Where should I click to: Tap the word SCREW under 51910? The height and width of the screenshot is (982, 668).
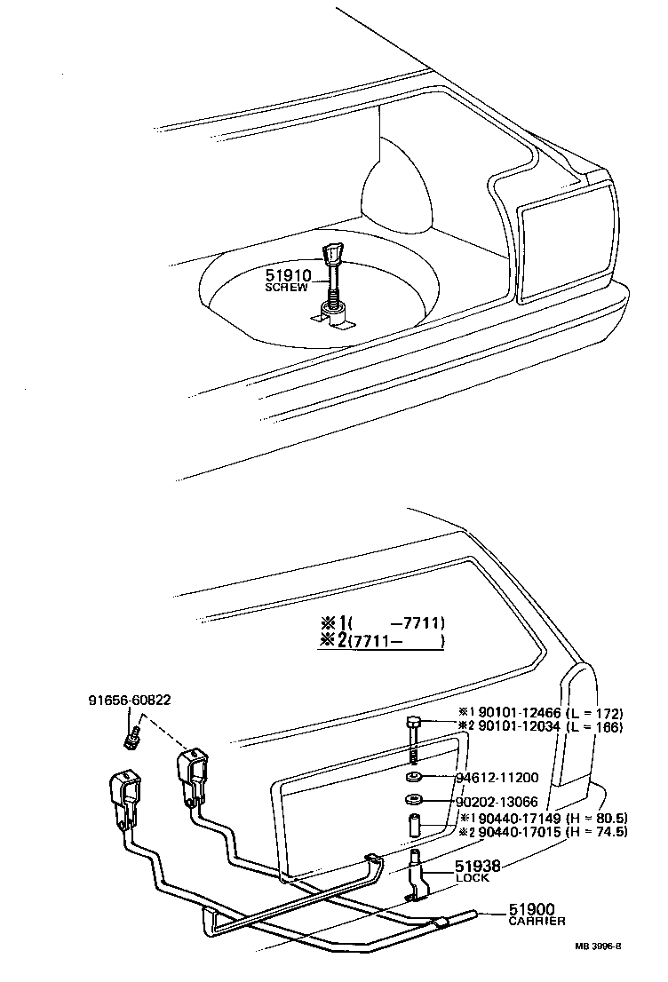286,289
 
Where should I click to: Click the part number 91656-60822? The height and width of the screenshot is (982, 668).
129,701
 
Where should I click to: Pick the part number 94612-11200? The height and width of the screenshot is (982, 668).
497,778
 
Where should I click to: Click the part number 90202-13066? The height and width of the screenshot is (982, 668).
497,802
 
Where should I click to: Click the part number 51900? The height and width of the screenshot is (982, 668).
531,909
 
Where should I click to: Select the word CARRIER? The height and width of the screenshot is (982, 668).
537,922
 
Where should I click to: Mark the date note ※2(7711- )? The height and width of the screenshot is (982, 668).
381,641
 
